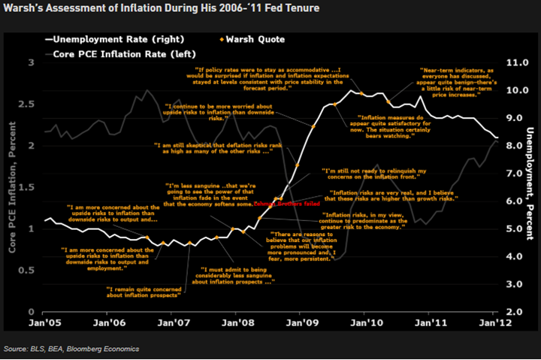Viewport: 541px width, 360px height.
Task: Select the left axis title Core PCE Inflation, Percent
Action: point(13,187)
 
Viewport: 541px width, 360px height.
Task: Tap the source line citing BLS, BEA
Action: point(71,349)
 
